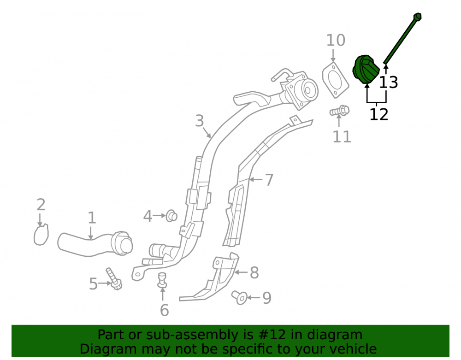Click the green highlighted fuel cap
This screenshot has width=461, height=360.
[366, 69]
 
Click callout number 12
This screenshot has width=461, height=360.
[378, 115]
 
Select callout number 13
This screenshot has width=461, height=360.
[388, 83]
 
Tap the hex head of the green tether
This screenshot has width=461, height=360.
[417, 17]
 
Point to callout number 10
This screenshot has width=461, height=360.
[336, 40]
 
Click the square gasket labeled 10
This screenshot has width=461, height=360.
[335, 80]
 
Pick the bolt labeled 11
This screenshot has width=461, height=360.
[340, 111]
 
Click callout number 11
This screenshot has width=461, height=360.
[342, 136]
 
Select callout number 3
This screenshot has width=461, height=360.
[199, 121]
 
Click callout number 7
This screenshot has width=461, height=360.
[269, 180]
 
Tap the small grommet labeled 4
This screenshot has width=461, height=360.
[171, 216]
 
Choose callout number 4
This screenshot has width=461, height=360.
[148, 217]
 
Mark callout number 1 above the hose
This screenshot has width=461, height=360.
[92, 218]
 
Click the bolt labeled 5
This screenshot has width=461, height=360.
[114, 278]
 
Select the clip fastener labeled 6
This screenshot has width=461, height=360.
[162, 280]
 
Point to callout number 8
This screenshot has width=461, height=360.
[254, 273]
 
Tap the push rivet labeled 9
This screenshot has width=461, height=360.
[239, 297]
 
